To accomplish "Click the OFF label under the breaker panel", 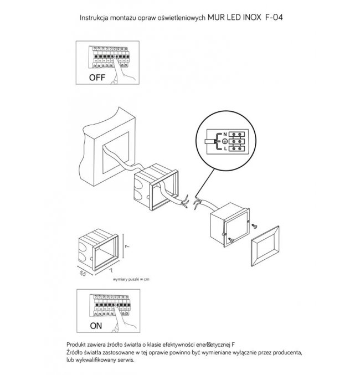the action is [x=97, y=78].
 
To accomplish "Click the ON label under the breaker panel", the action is [x=96, y=326].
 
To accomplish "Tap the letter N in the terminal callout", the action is [x=225, y=134].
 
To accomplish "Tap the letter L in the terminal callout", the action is [x=225, y=149].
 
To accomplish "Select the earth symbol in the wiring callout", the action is [x=225, y=141].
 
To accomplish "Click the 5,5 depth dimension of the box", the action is [x=83, y=273].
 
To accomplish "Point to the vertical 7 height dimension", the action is [x=127, y=246].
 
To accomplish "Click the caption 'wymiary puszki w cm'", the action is [x=131, y=279].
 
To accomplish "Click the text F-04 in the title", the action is [x=274, y=18].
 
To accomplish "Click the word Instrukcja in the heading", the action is [x=94, y=18].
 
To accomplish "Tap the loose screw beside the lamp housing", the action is [x=255, y=225].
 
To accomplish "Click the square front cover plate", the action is [x=265, y=246].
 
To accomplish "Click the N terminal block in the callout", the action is [x=236, y=134].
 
